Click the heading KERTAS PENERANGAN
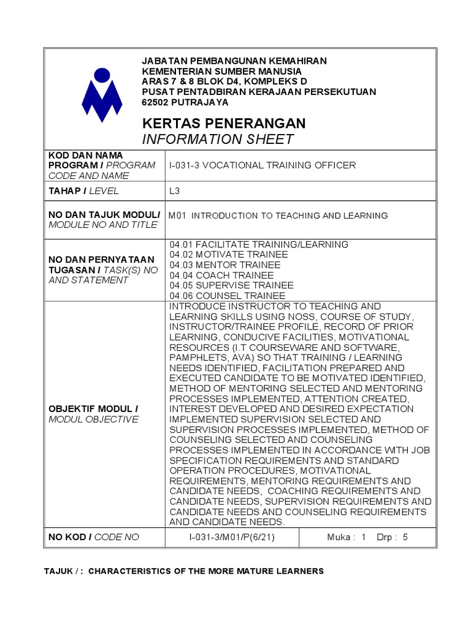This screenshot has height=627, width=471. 223,124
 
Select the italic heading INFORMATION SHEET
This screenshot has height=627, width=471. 218,140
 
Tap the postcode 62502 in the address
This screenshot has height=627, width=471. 155,102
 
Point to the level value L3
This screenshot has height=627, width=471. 175,191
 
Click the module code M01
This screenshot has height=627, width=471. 177,216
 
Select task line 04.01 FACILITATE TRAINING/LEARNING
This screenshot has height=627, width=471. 259,244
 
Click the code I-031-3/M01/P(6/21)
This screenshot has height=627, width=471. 231,537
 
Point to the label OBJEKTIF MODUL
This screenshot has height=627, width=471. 93,409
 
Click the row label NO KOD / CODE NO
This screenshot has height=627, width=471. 94,537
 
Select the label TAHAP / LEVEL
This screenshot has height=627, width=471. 83,191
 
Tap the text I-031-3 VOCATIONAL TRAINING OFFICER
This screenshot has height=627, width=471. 262,165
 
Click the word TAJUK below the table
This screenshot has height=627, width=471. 58,571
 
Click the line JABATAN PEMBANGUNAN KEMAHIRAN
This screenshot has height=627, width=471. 234,61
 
